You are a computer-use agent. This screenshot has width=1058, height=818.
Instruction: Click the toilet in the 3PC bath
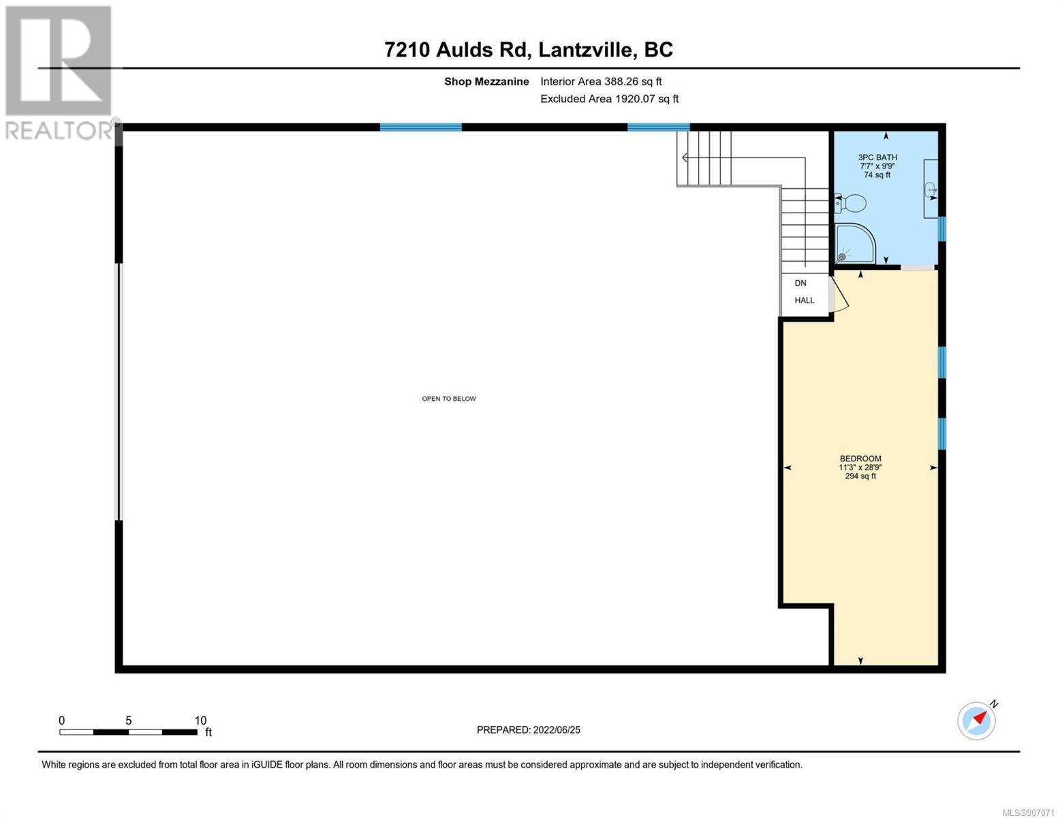850,203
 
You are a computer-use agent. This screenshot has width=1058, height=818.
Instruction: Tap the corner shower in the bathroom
854,243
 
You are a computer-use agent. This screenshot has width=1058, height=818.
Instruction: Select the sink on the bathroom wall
931,190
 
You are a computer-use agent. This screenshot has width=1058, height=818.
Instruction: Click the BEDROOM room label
860,459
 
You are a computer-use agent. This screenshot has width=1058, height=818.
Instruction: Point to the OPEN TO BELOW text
448,399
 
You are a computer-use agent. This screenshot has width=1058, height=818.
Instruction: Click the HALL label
805,300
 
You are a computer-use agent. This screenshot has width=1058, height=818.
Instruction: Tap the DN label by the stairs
800,283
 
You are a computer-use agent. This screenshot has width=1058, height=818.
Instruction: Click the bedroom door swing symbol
839,294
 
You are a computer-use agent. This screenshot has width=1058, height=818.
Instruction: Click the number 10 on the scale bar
200,720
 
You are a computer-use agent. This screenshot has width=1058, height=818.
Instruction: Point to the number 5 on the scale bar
129,720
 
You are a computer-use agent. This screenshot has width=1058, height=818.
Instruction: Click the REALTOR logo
59,73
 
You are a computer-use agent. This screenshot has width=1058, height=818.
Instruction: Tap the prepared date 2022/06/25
557,730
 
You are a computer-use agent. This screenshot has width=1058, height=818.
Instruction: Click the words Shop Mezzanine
486,81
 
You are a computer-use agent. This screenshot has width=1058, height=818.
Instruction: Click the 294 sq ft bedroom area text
860,476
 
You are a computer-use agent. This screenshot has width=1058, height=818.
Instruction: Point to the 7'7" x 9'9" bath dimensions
877,166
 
